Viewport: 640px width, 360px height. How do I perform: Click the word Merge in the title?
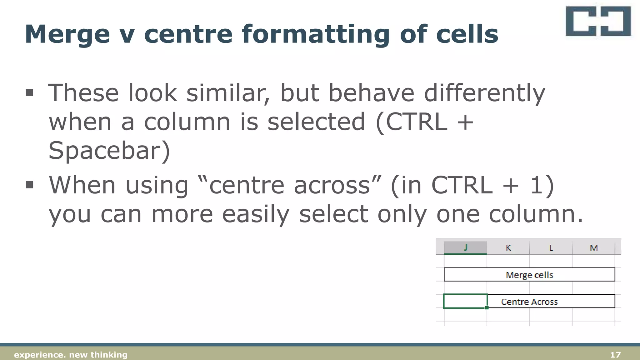pyautogui.click(x=67, y=34)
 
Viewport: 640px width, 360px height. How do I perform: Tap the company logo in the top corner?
pyautogui.click(x=598, y=21)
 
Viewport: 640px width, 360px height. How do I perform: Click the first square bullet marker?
pyautogui.click(x=29, y=92)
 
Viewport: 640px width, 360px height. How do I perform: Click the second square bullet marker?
pyautogui.click(x=29, y=185)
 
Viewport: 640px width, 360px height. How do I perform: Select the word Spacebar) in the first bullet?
pyautogui.click(x=109, y=151)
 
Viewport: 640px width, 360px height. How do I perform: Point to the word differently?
pyautogui.click(x=484, y=93)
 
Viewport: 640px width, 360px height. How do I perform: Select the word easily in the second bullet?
pyautogui.click(x=256, y=215)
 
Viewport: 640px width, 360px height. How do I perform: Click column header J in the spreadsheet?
pyautogui.click(x=465, y=247)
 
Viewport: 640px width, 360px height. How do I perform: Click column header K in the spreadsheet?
pyautogui.click(x=508, y=248)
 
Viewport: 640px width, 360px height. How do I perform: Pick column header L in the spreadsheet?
pyautogui.click(x=551, y=248)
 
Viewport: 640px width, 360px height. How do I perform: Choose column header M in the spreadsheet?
pyautogui.click(x=593, y=248)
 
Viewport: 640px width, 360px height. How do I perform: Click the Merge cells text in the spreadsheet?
pyautogui.click(x=529, y=275)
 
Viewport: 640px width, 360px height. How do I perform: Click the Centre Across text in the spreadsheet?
pyautogui.click(x=529, y=302)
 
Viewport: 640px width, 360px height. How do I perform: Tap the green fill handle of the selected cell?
pyautogui.click(x=487, y=308)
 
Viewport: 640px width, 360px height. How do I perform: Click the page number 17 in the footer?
pyautogui.click(x=615, y=355)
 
